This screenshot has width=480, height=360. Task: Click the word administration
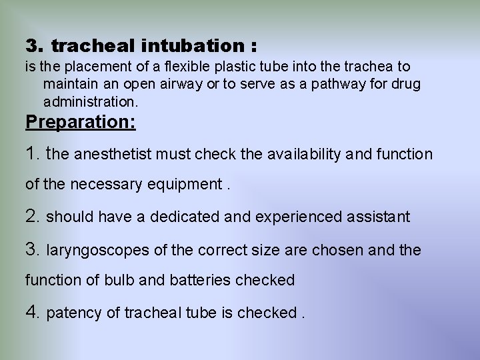[x=90, y=103]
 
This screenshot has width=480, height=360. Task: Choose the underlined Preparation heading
[x=80, y=123]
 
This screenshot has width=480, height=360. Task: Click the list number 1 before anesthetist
[x=33, y=154]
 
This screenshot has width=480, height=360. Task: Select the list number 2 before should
[x=33, y=217]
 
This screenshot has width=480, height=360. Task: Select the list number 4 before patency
[x=33, y=311]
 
